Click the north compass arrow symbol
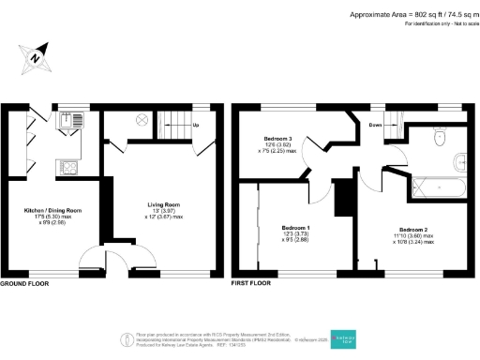35,57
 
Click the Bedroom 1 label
296,228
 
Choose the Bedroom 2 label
413,229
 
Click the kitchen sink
72,120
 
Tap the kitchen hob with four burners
69,168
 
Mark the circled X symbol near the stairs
142,120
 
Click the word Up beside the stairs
195,125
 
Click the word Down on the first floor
374,124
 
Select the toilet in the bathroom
441,137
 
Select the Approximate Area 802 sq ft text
413,14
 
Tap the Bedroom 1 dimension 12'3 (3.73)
296,234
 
